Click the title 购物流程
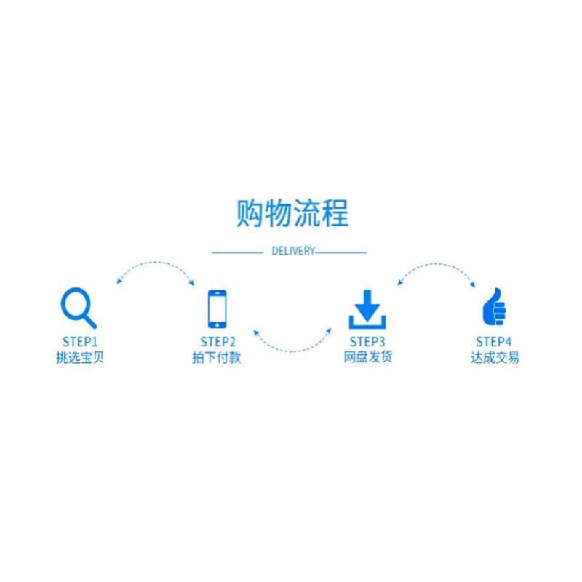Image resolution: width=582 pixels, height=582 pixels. click(x=292, y=212)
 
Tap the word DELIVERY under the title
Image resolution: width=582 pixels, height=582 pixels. click(x=293, y=252)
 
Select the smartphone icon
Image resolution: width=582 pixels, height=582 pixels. click(x=217, y=308)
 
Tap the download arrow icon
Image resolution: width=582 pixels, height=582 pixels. click(x=367, y=309)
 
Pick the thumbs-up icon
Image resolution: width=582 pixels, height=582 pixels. click(x=494, y=308)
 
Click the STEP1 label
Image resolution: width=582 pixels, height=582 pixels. click(x=79, y=342)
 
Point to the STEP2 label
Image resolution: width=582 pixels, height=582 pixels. click(x=218, y=342)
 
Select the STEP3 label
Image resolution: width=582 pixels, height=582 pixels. click(x=367, y=342)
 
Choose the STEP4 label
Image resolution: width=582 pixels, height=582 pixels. click(x=494, y=342)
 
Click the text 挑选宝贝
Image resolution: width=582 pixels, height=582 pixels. click(x=79, y=358)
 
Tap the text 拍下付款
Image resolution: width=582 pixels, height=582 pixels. click(x=218, y=358)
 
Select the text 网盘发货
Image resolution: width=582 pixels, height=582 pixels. click(x=367, y=358)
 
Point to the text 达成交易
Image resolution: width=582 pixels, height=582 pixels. click(x=495, y=358)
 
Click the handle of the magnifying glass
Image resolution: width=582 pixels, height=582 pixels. click(x=89, y=320)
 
